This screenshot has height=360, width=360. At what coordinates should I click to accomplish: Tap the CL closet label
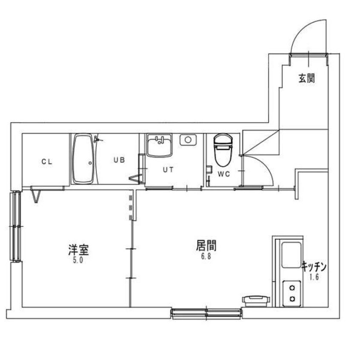(46, 161)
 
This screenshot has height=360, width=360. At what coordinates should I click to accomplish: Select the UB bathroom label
(119, 160)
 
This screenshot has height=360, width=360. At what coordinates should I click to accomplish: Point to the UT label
(168, 169)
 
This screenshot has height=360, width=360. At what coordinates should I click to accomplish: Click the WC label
(224, 174)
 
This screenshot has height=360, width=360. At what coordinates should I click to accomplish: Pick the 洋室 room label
(78, 249)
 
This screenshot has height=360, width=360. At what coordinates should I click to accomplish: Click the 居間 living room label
(206, 246)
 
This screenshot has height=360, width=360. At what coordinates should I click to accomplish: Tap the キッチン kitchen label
(314, 267)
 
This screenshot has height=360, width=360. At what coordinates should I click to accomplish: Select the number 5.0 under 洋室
(77, 261)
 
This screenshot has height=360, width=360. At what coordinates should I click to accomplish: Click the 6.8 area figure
(206, 257)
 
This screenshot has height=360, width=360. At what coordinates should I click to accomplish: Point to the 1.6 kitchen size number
(314, 277)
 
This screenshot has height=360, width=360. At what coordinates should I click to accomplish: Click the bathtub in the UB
(83, 159)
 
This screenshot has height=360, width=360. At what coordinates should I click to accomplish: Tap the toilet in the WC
(223, 150)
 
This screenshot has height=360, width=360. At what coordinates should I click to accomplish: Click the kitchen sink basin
(291, 254)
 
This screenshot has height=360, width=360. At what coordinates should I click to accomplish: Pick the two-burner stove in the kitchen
(292, 293)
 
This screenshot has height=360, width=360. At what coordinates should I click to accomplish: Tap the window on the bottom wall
(206, 314)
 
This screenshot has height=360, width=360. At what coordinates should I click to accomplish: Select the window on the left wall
(16, 226)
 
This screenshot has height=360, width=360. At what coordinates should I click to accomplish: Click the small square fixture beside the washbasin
(188, 140)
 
